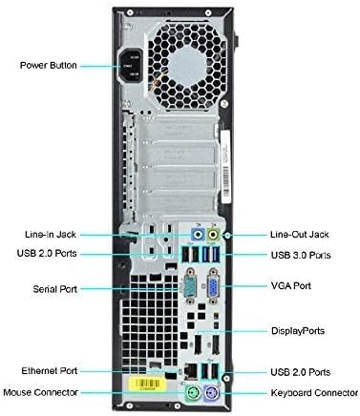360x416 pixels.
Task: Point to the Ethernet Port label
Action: tap(50, 370)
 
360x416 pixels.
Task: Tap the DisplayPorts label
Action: tap(297, 331)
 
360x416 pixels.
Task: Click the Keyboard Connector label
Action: tap(311, 392)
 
